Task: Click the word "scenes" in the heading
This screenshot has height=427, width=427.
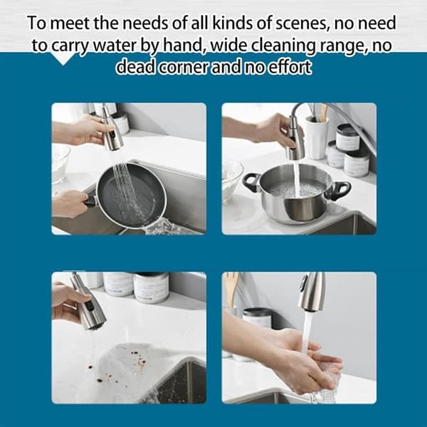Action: (302, 23)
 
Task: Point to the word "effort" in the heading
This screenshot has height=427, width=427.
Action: (290, 67)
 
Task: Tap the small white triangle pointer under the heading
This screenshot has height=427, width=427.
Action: (63, 59)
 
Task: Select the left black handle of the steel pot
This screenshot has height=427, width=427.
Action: (251, 182)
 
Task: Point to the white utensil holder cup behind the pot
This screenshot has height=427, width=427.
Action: (315, 137)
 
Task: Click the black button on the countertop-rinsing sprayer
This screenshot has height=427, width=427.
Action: (90, 306)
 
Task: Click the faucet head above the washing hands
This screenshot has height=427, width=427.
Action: (312, 291)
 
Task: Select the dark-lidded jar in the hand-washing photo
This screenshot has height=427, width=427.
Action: (257, 317)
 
